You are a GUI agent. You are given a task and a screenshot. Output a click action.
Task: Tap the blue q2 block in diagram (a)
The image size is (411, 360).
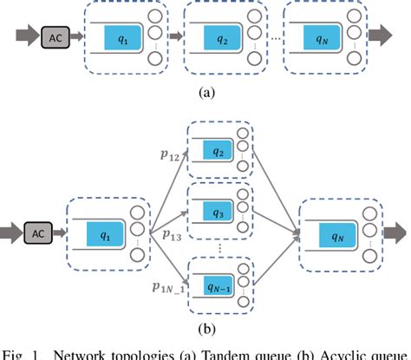[221, 38]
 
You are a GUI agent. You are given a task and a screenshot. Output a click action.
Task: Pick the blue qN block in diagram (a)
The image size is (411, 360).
[323, 38]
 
